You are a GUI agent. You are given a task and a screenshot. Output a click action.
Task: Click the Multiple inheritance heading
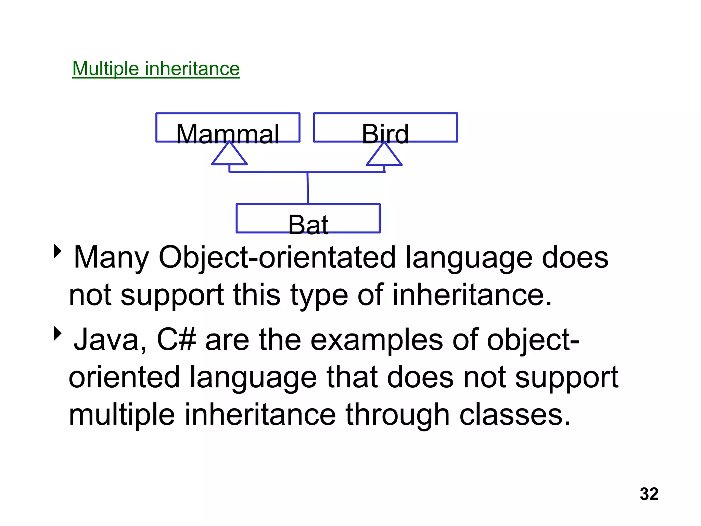pyautogui.click(x=156, y=68)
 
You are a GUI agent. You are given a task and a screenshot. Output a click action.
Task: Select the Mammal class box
pyautogui.click(x=228, y=128)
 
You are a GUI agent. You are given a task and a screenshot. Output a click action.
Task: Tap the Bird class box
pyautogui.click(x=385, y=128)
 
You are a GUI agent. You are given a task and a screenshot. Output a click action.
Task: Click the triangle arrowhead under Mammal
pyautogui.click(x=229, y=155)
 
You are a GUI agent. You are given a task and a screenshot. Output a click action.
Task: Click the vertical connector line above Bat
pyautogui.click(x=308, y=188)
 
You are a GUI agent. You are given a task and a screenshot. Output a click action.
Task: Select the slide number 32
pyautogui.click(x=649, y=494)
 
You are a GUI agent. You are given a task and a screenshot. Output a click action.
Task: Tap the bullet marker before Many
pyautogui.click(x=58, y=251)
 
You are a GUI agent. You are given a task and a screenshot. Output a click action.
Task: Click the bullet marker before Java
pyautogui.click(x=58, y=334)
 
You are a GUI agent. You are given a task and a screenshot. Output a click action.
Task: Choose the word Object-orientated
pyautogui.click(x=277, y=258)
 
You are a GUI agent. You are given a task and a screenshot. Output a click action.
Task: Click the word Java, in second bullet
pyautogui.click(x=110, y=340)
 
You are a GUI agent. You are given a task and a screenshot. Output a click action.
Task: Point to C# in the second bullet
pyautogui.click(x=176, y=340)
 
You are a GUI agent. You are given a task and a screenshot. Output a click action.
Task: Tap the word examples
pyautogui.click(x=377, y=340)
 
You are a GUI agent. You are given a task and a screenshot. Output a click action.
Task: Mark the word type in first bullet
pyautogui.click(x=319, y=295)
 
